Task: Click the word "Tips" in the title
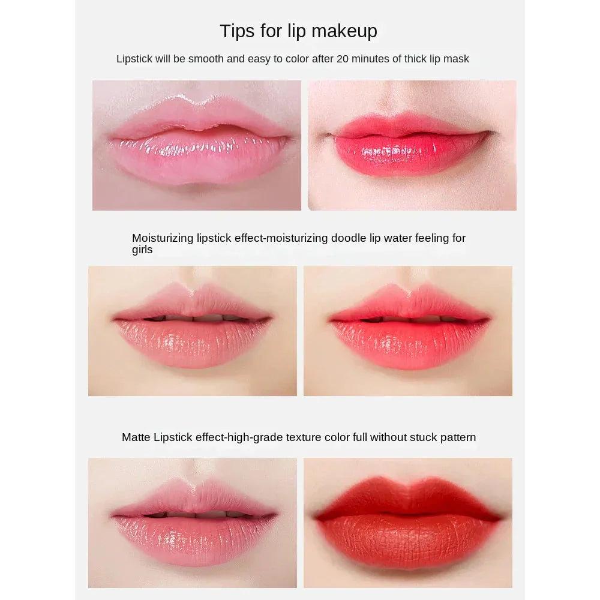[x=237, y=31]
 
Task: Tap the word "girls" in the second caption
[x=142, y=250]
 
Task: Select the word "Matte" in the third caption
[x=136, y=437]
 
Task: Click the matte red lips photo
[x=408, y=523]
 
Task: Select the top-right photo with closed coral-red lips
[x=412, y=145]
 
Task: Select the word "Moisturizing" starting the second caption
[x=163, y=238]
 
